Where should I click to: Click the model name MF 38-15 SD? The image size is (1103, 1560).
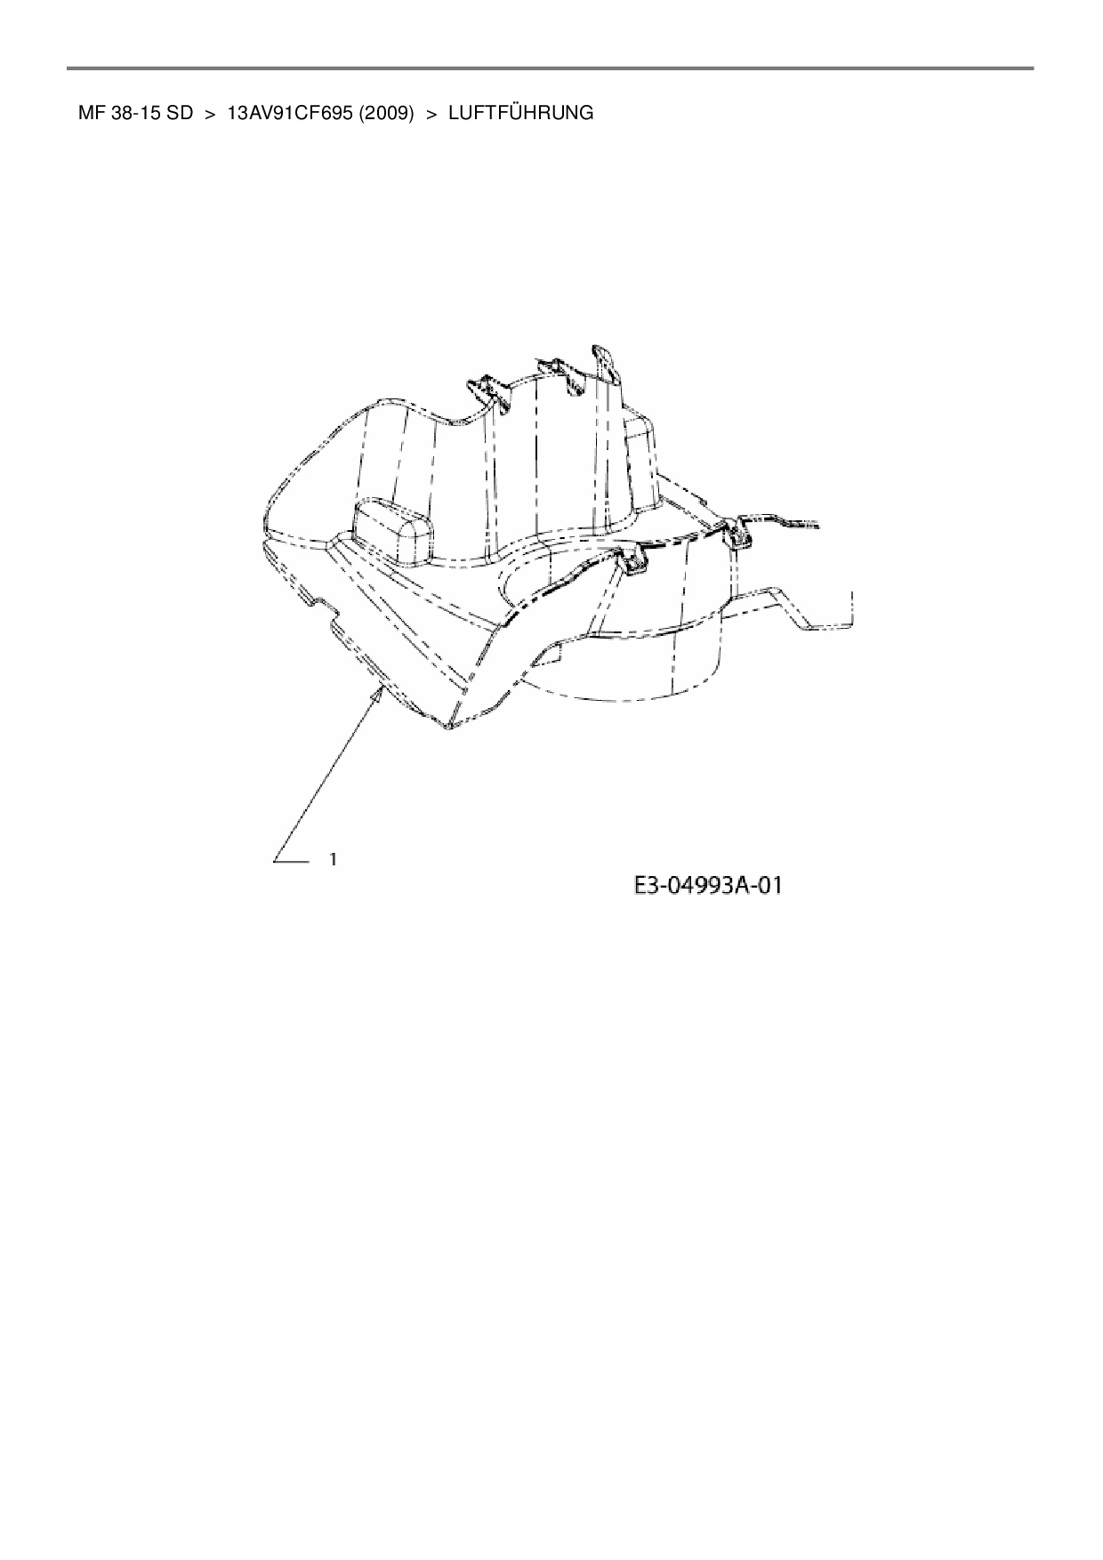click(x=135, y=114)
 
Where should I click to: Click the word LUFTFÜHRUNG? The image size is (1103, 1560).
click(x=520, y=114)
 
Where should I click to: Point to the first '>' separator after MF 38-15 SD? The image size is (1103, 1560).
click(x=211, y=114)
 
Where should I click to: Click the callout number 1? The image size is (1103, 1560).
click(x=333, y=859)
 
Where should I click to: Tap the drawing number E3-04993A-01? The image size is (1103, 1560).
click(x=707, y=885)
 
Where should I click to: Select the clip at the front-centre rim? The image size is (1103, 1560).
click(x=633, y=561)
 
